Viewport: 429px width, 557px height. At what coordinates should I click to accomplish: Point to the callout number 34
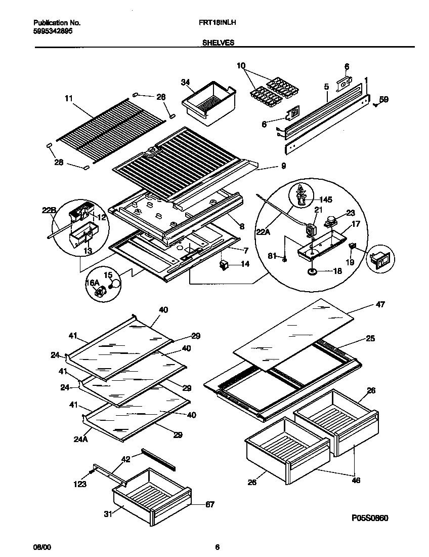pyautogui.click(x=186, y=82)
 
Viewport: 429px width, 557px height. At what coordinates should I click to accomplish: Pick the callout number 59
pyautogui.click(x=383, y=100)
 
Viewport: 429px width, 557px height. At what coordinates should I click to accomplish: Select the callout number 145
pyautogui.click(x=326, y=200)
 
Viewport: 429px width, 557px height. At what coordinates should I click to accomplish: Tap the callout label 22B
pyautogui.click(x=49, y=210)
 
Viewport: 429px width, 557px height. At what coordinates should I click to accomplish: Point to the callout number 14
pyautogui.click(x=245, y=263)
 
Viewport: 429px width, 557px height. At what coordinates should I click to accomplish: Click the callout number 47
pyautogui.click(x=380, y=304)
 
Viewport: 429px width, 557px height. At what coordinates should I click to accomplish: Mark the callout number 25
pyautogui.click(x=370, y=338)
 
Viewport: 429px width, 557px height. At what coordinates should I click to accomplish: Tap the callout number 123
pyautogui.click(x=79, y=484)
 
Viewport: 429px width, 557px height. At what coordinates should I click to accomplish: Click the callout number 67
pyautogui.click(x=210, y=504)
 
